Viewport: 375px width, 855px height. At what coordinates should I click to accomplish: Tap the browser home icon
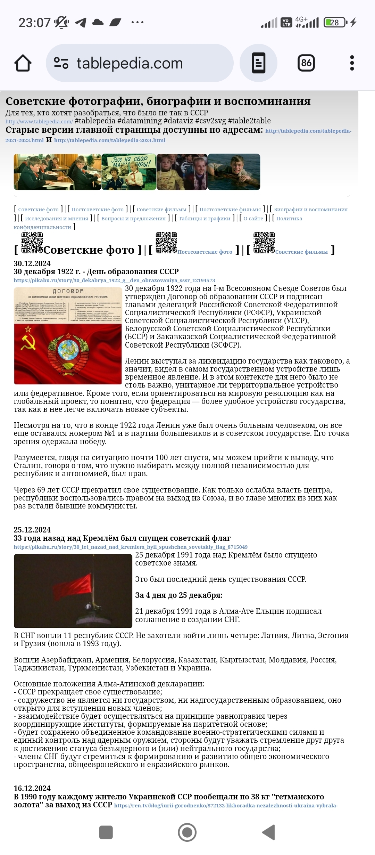click(x=23, y=63)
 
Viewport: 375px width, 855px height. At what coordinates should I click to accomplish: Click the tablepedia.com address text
click(x=130, y=63)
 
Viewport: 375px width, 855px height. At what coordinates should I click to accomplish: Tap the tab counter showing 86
click(x=306, y=63)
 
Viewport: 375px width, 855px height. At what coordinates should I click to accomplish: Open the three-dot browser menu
click(x=352, y=63)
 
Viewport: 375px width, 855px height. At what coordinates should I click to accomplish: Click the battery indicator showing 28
click(x=335, y=23)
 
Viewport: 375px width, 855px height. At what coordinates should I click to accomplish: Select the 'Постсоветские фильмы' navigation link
click(x=230, y=210)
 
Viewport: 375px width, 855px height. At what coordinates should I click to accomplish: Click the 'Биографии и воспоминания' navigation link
click(x=310, y=210)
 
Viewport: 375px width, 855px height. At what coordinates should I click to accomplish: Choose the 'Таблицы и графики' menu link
click(x=204, y=219)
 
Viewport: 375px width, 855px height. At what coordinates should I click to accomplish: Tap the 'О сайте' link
click(x=253, y=219)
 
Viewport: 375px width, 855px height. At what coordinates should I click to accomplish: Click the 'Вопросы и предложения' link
click(x=133, y=219)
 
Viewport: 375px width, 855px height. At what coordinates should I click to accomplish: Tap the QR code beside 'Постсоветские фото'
click(x=166, y=243)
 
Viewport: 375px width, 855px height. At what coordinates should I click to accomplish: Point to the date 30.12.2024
click(x=32, y=263)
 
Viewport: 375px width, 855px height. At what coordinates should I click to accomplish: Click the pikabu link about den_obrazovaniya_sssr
click(x=114, y=280)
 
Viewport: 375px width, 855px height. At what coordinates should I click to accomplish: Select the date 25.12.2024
click(x=32, y=530)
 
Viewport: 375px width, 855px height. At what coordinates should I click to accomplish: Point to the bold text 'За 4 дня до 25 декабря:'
click(x=179, y=595)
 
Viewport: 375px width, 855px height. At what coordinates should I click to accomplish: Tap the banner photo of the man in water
click(x=234, y=172)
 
